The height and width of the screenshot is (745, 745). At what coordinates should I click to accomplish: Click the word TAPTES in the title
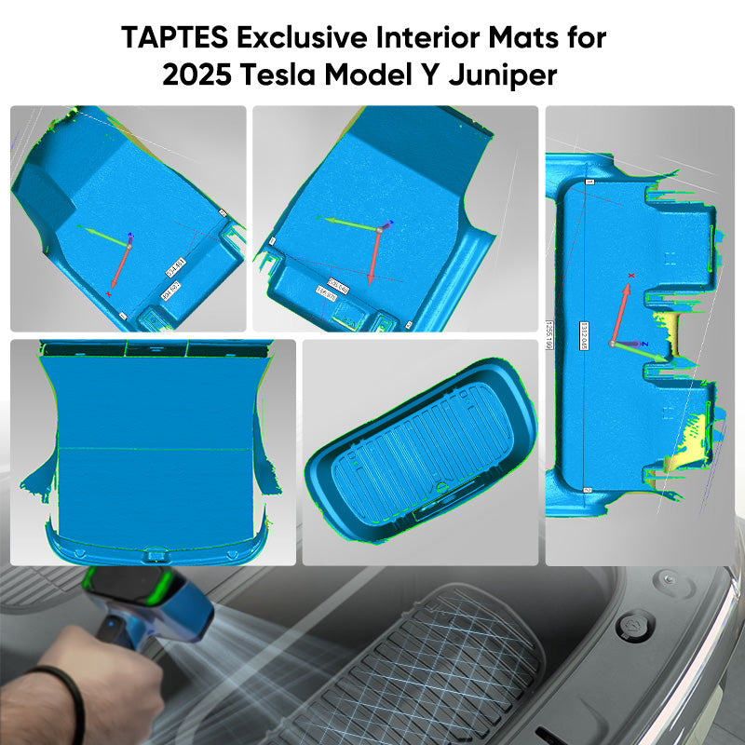coord(174,39)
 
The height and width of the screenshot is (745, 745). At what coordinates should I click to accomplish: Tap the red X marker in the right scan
coord(631,276)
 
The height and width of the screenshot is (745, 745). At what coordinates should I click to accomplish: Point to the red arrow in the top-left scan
coord(119,266)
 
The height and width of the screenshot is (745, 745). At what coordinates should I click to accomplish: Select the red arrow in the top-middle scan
coord(374,256)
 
